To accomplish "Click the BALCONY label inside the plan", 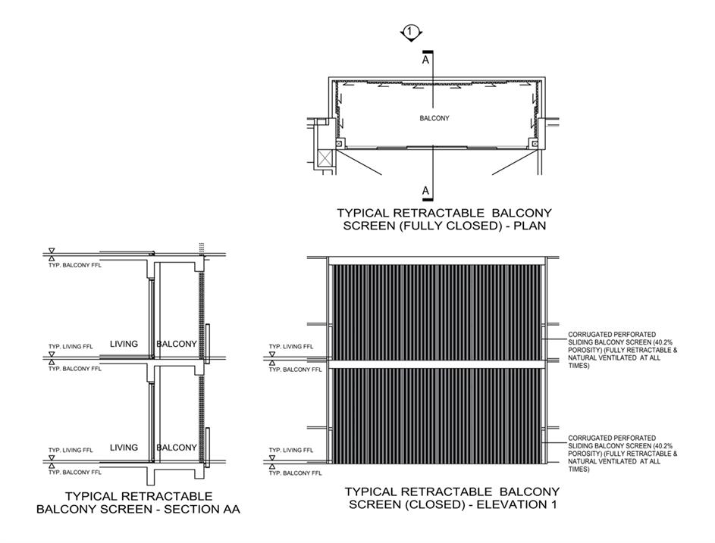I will click(434, 118).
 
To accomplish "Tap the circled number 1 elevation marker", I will click(410, 32).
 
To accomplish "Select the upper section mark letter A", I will click(425, 60).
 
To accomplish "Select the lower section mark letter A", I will click(425, 190).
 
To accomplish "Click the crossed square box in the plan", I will click(326, 158).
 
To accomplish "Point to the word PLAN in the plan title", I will click(528, 226).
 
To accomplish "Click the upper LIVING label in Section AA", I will click(124, 344).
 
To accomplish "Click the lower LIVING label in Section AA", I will click(124, 448).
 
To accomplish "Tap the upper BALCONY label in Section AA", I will click(176, 344).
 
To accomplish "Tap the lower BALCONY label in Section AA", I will click(176, 448).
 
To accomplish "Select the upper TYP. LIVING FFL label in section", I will click(71, 346).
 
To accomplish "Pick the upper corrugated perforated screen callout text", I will click(622, 349).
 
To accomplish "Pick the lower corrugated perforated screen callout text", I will click(622, 454).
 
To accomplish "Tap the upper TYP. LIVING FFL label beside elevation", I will click(292, 346).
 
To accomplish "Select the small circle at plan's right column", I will click(535, 143).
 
